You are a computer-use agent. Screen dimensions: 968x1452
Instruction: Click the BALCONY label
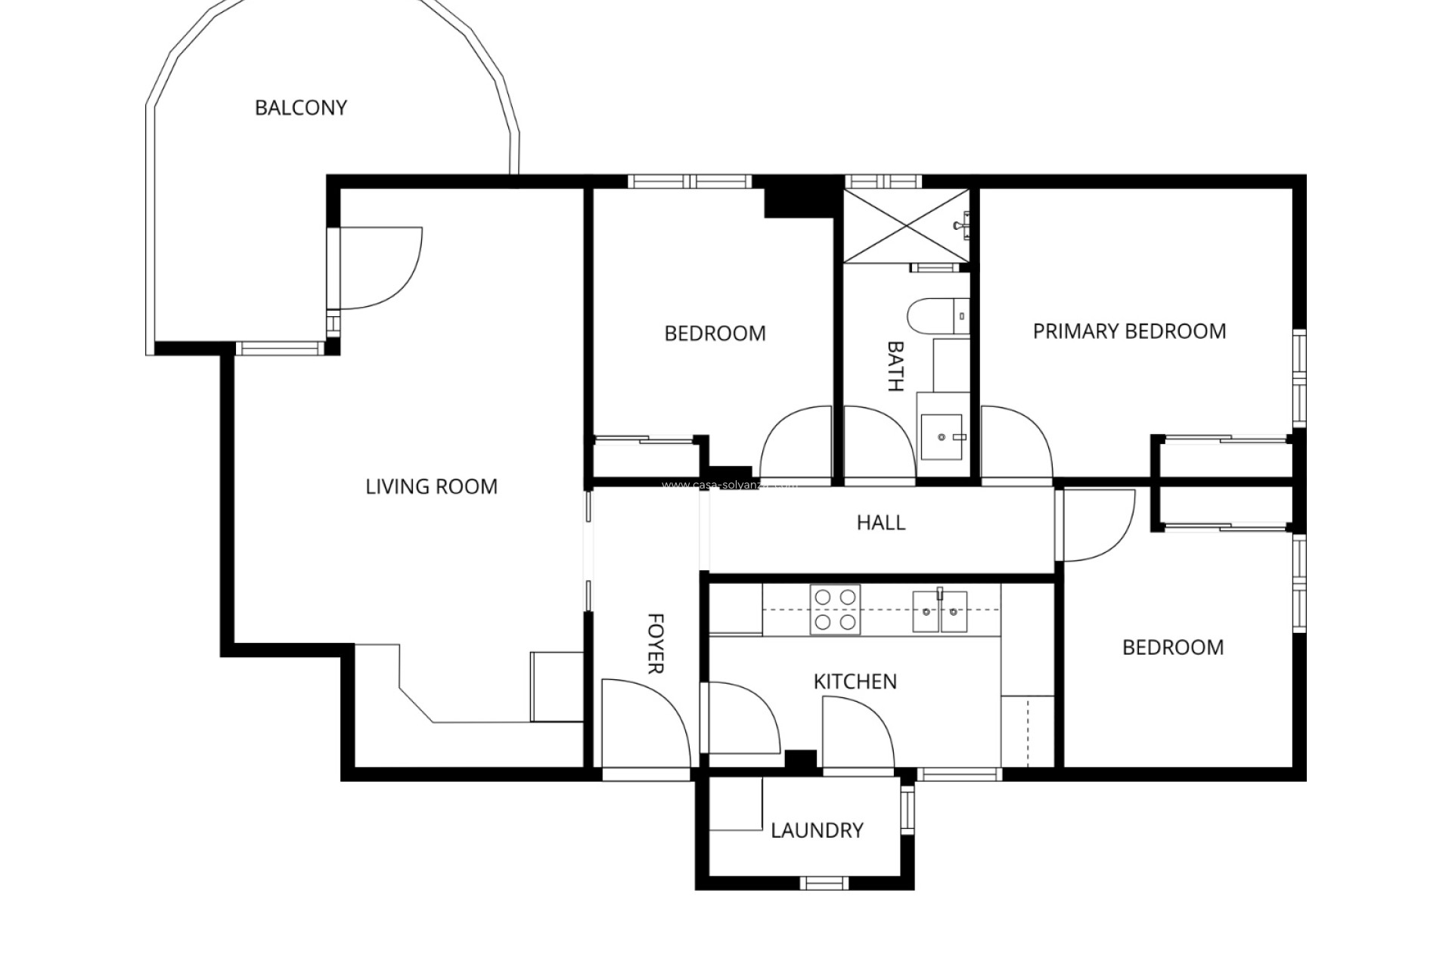click(300, 108)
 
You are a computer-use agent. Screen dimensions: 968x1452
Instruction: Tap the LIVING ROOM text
click(431, 486)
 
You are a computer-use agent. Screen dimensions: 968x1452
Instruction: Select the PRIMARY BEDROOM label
click(1129, 331)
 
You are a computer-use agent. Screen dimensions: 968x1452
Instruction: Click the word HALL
click(880, 523)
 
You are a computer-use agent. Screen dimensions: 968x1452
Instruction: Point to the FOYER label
click(656, 644)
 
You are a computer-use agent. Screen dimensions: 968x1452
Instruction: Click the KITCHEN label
click(855, 681)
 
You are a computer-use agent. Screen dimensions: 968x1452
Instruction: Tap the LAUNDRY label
click(817, 830)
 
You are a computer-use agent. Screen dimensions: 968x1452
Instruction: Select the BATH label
click(895, 367)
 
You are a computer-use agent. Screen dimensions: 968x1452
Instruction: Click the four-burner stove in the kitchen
click(835, 610)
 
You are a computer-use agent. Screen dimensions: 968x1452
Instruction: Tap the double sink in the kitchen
click(939, 611)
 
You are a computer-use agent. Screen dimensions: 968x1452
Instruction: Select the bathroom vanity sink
click(942, 436)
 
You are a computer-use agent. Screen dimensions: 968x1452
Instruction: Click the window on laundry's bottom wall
click(824, 883)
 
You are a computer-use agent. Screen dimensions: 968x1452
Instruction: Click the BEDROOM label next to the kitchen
click(1172, 647)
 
